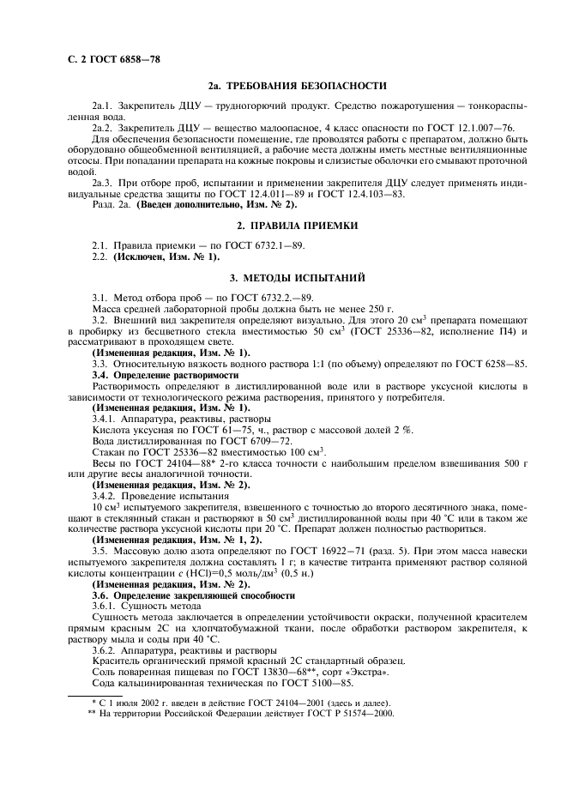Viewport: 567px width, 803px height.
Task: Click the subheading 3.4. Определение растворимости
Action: [x=166, y=375]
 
